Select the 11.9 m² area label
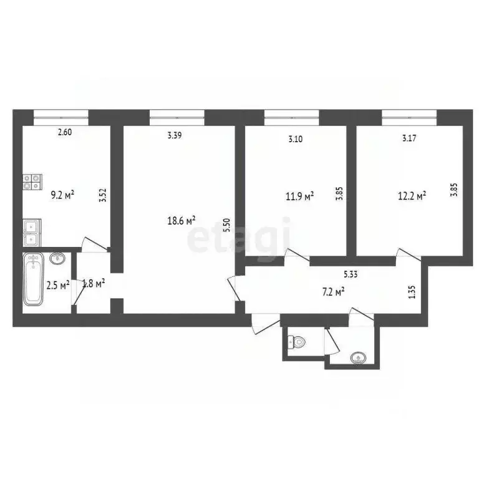tap(299, 195)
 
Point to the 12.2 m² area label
tap(412, 195)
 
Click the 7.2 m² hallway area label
tap(333, 290)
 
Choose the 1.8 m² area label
tap(94, 284)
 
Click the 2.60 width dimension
tap(65, 132)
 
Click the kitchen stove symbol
tap(32, 181)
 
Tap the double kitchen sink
tap(32, 231)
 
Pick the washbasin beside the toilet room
tap(356, 357)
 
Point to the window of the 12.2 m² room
tap(409, 115)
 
